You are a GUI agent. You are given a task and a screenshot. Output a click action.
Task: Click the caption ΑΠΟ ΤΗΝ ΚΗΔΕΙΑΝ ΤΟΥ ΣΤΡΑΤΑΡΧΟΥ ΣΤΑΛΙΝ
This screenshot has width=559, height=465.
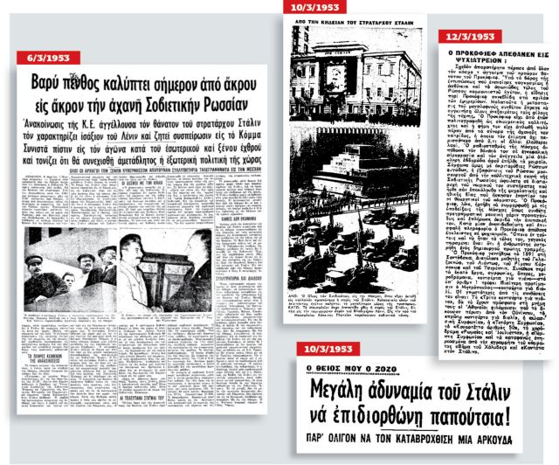click(x=361, y=20)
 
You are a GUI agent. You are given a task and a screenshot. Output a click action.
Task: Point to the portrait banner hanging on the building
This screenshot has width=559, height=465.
click(x=335, y=76)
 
